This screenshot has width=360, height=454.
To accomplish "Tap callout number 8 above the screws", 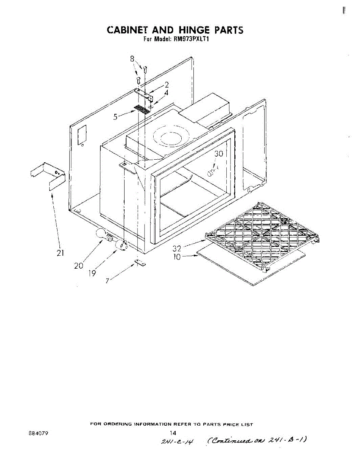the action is coord(132,59).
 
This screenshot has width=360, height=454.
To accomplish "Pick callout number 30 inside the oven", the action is coord(219,154).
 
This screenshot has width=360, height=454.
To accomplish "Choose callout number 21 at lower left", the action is coord(60,253).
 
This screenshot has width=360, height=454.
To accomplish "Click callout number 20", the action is coord(78,266).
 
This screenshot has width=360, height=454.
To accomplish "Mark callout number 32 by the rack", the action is coord(176,249).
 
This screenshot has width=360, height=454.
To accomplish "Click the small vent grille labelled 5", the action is coord(142,110).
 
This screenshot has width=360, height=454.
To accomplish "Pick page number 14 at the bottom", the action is coord(173,433).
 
